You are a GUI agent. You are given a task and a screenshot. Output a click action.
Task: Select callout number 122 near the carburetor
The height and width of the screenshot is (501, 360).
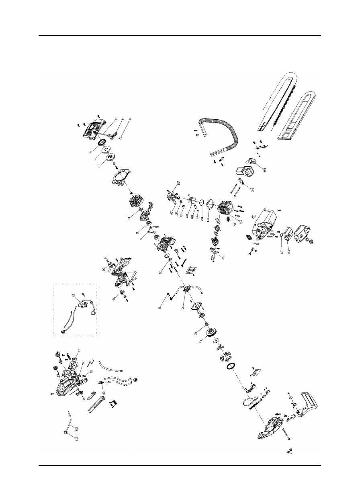coord(222,257)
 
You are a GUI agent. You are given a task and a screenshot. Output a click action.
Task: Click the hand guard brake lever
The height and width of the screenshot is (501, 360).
coord(310,403)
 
